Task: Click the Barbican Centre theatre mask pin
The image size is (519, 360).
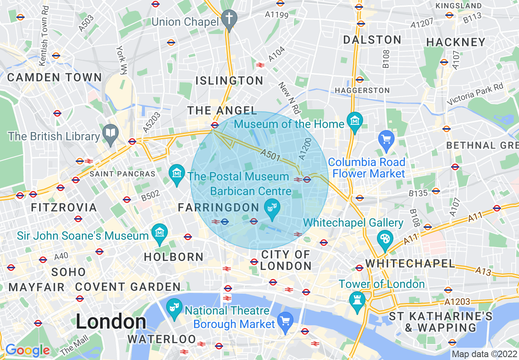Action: [x=271, y=208]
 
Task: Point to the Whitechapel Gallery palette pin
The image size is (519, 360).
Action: [x=384, y=239]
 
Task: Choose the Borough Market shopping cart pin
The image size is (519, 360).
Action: [x=285, y=321]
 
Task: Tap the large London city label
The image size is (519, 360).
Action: [x=111, y=322]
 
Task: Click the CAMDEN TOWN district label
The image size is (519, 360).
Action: [x=54, y=77]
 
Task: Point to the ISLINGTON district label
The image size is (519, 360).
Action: [x=229, y=81]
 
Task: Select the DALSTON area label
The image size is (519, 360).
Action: [x=372, y=40]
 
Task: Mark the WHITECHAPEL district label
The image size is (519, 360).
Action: [x=410, y=263]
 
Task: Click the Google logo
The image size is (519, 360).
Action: [x=27, y=350]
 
